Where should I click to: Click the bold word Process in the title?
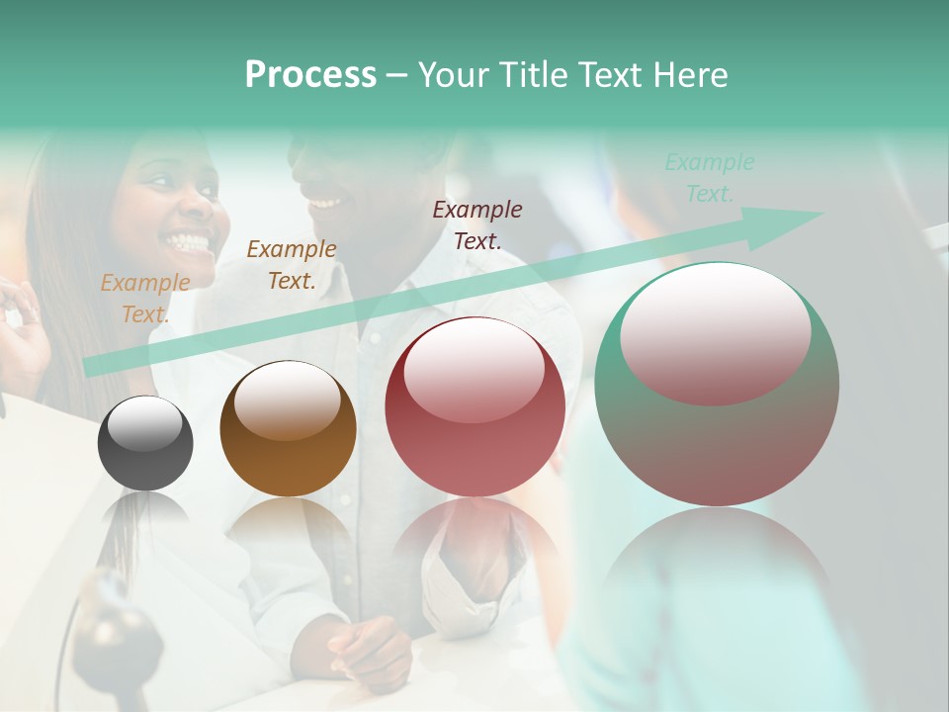coord(310,75)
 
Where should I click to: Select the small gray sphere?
coord(145,443)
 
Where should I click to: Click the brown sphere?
coord(288,429)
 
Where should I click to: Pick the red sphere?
coord(474,407)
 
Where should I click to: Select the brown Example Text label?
coord(292,265)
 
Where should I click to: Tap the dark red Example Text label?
coord(477,224)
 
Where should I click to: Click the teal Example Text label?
coord(710,178)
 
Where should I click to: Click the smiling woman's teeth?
coord(190,240)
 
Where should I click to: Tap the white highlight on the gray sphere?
coord(144,424)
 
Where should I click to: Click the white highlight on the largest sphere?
coord(715,330)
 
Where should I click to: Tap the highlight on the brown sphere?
coord(287,399)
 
